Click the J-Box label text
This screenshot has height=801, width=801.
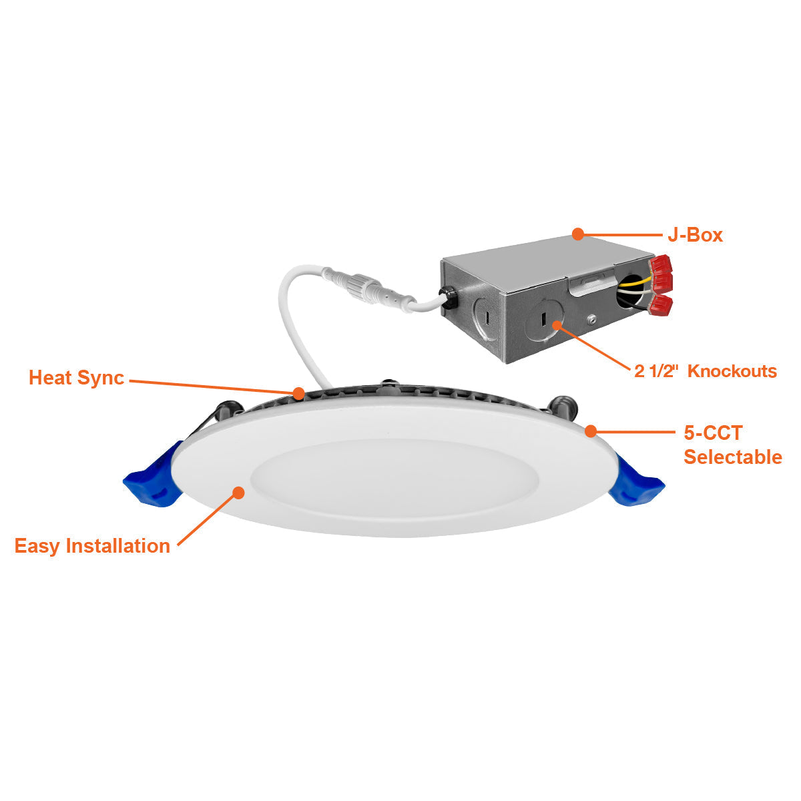(x=695, y=235)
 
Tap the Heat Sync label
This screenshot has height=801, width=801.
(x=77, y=378)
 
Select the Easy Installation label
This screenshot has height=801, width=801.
(x=92, y=546)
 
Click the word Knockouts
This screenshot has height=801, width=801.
(x=732, y=371)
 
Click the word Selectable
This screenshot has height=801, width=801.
(x=733, y=457)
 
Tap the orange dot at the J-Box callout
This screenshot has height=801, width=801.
(x=578, y=234)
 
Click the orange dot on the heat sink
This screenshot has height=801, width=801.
(x=298, y=392)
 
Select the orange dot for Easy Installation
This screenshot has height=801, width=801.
(x=238, y=493)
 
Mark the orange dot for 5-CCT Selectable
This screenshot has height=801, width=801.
(x=590, y=431)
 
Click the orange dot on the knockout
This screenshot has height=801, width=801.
(x=557, y=324)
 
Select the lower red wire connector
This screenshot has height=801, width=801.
(x=661, y=306)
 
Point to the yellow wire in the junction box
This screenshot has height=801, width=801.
(x=633, y=282)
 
